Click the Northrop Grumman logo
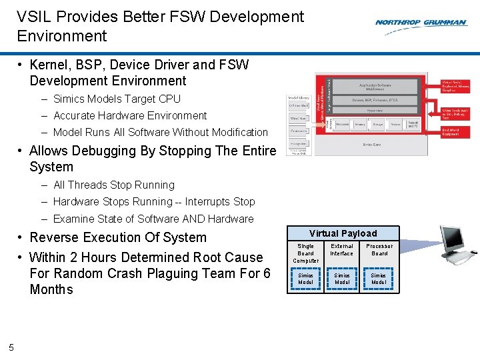(420, 23)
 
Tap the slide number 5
(11, 345)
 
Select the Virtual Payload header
(343, 233)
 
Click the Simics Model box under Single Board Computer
(305, 279)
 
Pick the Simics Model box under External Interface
(342, 279)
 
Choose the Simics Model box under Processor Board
(379, 279)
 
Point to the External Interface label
(342, 249)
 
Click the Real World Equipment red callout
(456, 132)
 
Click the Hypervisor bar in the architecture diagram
(375, 111)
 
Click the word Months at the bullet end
(51, 289)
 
